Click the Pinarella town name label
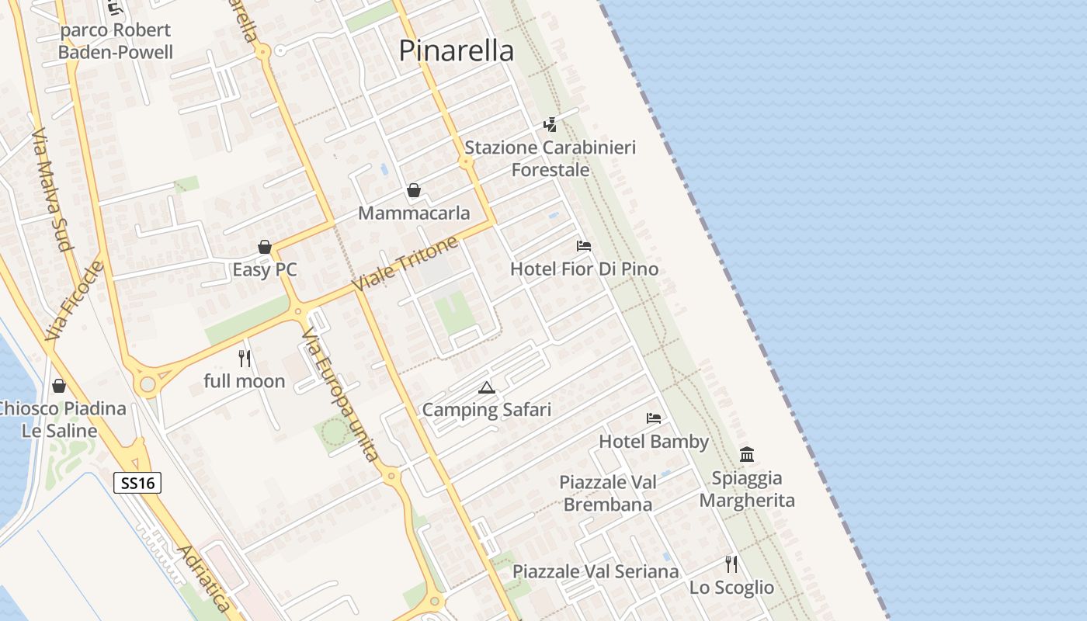(x=456, y=51)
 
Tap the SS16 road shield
(x=137, y=483)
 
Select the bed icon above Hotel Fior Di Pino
(x=584, y=246)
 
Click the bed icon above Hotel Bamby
(x=654, y=418)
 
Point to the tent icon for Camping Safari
(x=487, y=387)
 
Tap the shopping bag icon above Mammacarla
(x=414, y=190)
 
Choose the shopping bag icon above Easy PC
(x=265, y=247)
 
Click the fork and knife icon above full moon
(x=245, y=358)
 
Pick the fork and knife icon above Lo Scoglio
(x=731, y=564)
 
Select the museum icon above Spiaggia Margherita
(x=747, y=454)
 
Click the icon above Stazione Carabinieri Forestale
(x=550, y=124)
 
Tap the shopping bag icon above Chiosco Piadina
(x=59, y=385)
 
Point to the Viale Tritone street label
(x=405, y=265)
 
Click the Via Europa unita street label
(x=341, y=394)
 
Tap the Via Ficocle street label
(x=74, y=300)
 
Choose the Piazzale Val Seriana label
(x=596, y=572)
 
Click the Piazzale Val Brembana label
(x=608, y=493)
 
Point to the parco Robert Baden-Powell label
(x=116, y=41)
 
